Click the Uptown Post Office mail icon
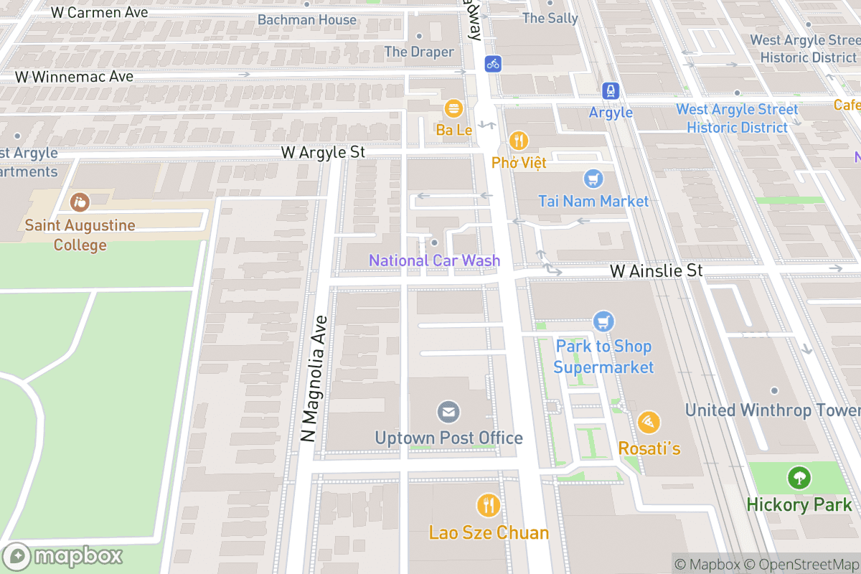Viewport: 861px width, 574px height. (x=449, y=412)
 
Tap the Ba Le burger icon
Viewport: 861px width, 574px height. (x=453, y=109)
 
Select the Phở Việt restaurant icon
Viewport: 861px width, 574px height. (x=519, y=141)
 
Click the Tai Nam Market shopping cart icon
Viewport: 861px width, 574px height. (x=593, y=179)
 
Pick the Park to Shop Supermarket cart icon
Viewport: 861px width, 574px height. (x=603, y=321)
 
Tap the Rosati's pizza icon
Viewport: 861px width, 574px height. (x=649, y=423)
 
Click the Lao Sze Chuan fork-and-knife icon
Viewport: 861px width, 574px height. (x=489, y=506)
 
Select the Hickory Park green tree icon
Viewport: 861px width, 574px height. (x=799, y=477)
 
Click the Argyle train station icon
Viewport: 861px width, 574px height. (x=611, y=90)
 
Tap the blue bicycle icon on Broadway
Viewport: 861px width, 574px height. (x=492, y=64)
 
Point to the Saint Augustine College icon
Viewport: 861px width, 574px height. (x=80, y=202)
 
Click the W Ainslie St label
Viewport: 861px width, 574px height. (x=656, y=270)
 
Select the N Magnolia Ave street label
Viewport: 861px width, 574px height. (x=313, y=379)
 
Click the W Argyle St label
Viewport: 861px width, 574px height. (x=323, y=152)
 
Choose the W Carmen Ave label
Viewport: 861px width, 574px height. (x=100, y=12)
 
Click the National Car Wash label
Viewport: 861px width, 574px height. (x=434, y=260)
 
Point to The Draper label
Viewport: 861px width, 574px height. (x=419, y=52)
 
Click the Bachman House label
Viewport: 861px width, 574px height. (x=306, y=19)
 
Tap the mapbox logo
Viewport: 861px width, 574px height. (x=65, y=556)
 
